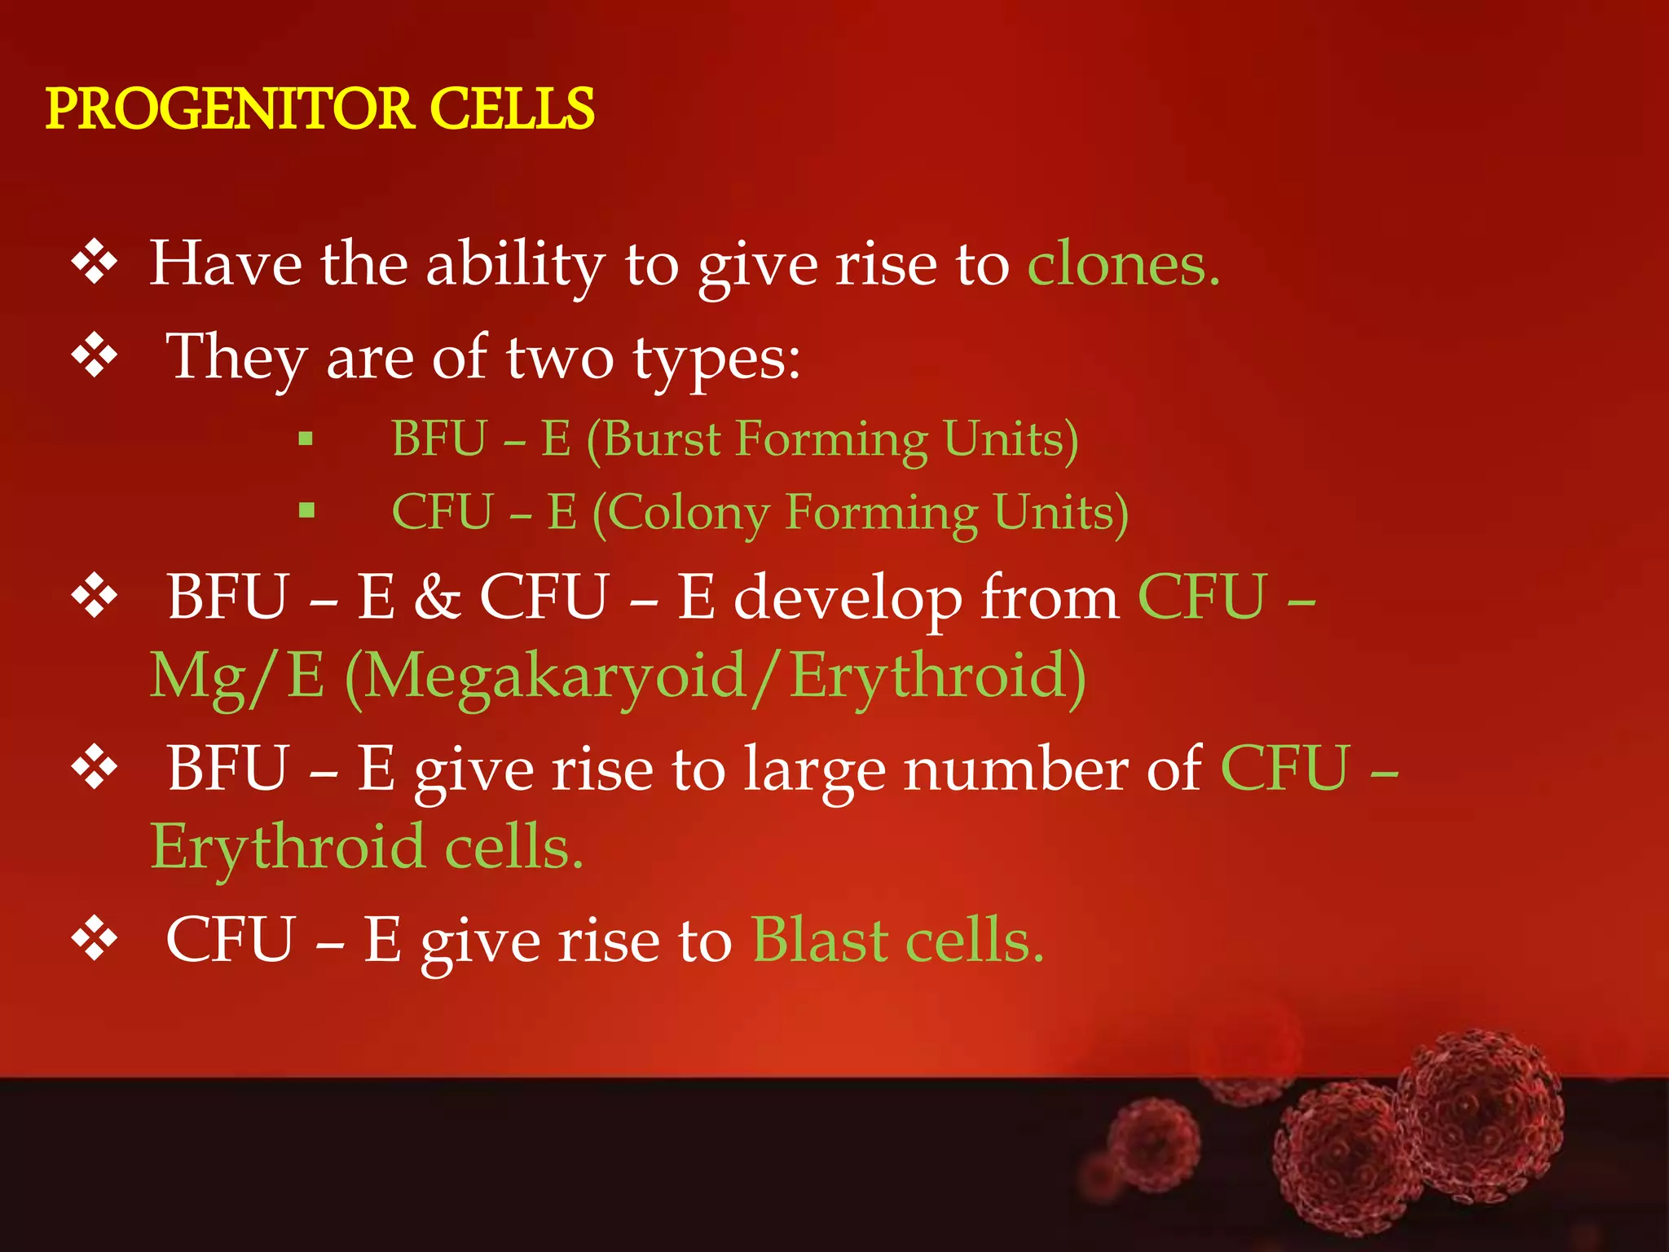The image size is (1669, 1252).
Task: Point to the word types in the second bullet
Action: pos(717,359)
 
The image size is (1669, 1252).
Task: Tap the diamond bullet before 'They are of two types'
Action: pos(95,355)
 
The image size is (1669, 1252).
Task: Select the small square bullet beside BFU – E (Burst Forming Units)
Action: pos(306,440)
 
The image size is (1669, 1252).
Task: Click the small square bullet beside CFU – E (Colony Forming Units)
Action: pos(306,512)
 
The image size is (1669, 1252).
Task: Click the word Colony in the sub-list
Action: pos(689,513)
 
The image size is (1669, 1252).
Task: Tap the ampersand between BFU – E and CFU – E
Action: pos(437,597)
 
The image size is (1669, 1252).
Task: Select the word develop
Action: pos(848,598)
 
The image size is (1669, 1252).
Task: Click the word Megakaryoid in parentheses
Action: pos(555,677)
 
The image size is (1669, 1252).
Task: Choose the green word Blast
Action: pos(819,941)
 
